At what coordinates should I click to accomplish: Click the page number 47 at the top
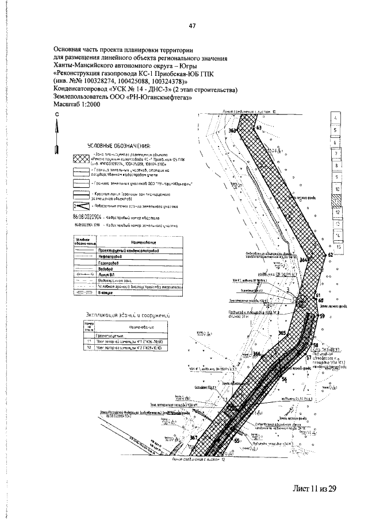coord(193,25)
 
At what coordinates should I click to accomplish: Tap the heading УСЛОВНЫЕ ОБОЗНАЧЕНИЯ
coord(119,146)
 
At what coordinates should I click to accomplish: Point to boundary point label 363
coord(233,131)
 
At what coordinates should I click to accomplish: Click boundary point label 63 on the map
coord(259,127)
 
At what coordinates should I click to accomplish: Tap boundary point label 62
coord(330,254)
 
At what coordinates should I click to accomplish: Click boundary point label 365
coord(282,333)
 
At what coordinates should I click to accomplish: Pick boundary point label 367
coord(193,438)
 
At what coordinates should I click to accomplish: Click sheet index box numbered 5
coord(335,130)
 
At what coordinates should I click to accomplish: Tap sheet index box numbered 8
coord(335,165)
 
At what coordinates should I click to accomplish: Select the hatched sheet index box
coord(335,201)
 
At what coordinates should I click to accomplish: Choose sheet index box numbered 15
coord(339,246)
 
